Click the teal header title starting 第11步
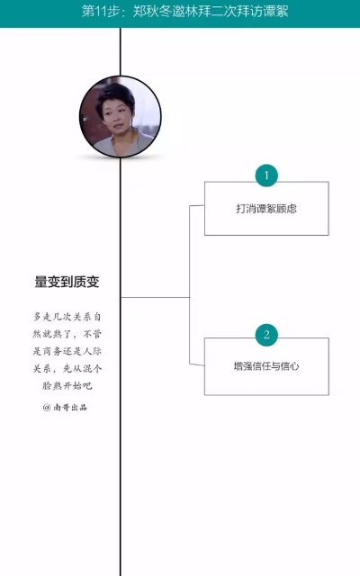(184, 12)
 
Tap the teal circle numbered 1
(266, 175)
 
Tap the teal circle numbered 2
(266, 335)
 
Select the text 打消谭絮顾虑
(266, 209)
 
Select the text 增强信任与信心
(266, 366)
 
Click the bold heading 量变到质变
(67, 282)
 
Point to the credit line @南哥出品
(65, 407)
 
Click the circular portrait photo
(120, 117)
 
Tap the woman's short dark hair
(114, 94)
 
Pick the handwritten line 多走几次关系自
(67, 317)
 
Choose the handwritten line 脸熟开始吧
(67, 385)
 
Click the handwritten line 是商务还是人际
(67, 351)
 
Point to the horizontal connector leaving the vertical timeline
(155, 297)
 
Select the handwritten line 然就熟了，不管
(67, 334)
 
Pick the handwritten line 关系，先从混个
(67, 368)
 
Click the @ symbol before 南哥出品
(47, 407)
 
